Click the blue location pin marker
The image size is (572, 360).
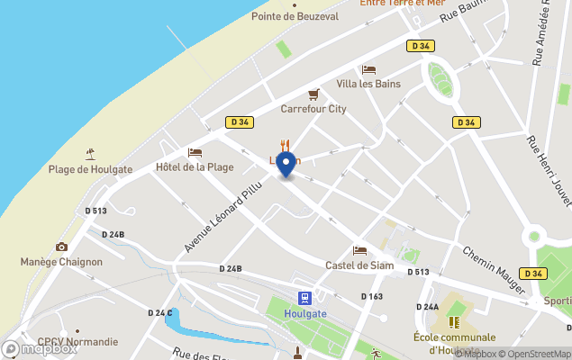click(x=286, y=165)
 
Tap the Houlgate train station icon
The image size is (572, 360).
click(x=305, y=298)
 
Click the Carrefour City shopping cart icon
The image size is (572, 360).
click(x=313, y=94)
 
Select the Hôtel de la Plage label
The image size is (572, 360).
click(x=194, y=166)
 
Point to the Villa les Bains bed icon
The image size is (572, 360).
click(x=368, y=69)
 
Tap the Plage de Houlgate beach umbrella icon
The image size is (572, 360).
click(x=89, y=154)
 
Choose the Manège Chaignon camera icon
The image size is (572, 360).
click(x=61, y=247)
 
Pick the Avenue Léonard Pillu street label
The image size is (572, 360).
click(x=217, y=220)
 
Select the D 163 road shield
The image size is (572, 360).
click(x=372, y=296)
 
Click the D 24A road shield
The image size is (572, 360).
click(x=427, y=307)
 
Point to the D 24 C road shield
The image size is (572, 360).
click(x=160, y=312)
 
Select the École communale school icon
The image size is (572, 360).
click(x=457, y=321)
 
